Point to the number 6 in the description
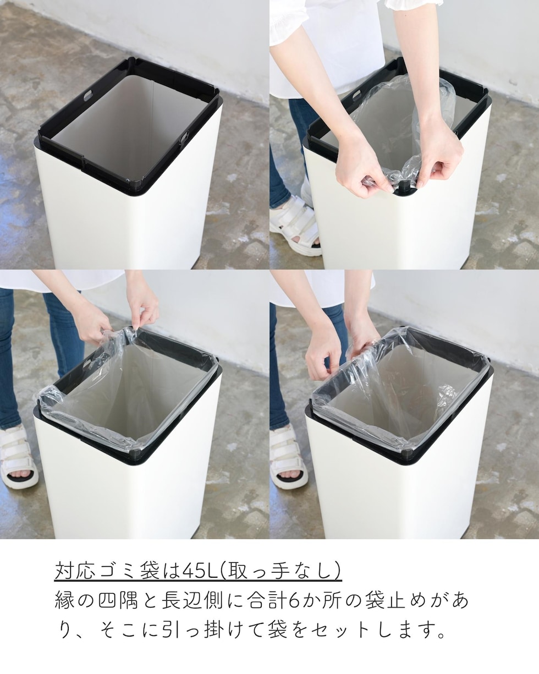pos(294,600)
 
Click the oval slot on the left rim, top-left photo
pos(88,96)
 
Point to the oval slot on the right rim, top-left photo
pos(185,138)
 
